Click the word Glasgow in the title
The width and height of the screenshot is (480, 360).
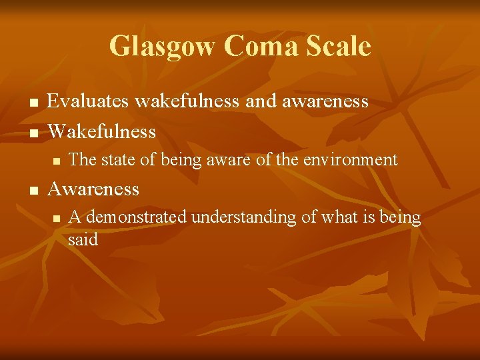point(162,47)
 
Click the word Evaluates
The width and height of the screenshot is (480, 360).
point(88,101)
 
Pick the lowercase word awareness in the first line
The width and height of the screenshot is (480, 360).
point(325,101)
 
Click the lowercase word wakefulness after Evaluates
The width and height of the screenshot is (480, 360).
point(187,101)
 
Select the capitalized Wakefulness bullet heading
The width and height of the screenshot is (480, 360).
point(101,131)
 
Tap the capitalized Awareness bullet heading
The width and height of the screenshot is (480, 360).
point(93,189)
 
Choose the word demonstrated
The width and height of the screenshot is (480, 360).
point(136,217)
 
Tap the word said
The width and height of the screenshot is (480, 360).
point(83,239)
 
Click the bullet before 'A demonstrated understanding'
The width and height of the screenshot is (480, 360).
point(57,219)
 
